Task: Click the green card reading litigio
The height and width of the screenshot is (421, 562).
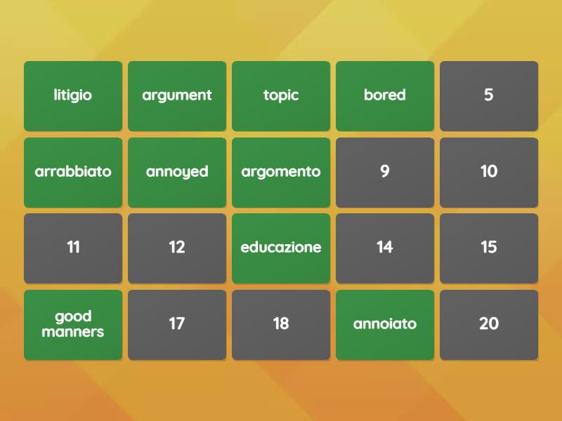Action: pos(73,96)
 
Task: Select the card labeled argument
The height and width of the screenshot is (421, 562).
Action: pos(177,96)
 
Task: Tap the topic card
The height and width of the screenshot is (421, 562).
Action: pos(281,96)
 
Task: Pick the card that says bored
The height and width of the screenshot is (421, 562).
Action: pos(385,96)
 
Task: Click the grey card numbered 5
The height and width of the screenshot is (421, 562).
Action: pos(489,96)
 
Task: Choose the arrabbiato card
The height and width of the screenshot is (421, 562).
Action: pos(73,173)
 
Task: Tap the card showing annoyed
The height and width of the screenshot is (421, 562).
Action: pos(177,173)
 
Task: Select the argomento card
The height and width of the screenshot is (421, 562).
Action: pos(281,173)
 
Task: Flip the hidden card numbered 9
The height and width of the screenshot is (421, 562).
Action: pos(385,173)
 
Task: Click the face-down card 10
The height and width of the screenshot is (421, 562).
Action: pos(489,173)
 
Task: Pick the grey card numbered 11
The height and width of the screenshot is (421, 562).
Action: pos(73,248)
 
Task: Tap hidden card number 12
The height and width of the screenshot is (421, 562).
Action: pos(177,248)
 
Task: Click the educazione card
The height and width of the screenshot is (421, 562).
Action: pos(281,248)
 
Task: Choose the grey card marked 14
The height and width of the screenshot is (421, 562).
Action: pos(385,248)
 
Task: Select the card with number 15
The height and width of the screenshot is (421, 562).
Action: pos(489,248)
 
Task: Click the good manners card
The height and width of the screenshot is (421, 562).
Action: pos(73,325)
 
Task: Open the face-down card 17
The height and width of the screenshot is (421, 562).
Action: pos(177,325)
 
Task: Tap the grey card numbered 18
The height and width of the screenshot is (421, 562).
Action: pos(281,325)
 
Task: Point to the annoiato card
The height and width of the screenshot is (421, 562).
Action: pos(385,325)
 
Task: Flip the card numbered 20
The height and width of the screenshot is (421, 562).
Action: pos(489,325)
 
